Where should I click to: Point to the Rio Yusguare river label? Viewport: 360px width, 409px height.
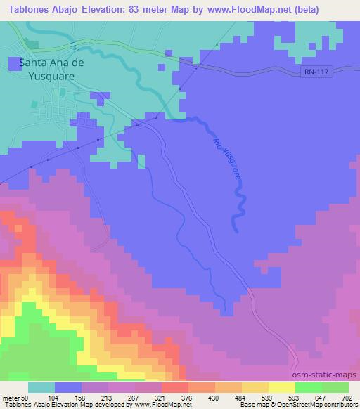click(227, 162)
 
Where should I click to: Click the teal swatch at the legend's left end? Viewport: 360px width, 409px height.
click(41, 388)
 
